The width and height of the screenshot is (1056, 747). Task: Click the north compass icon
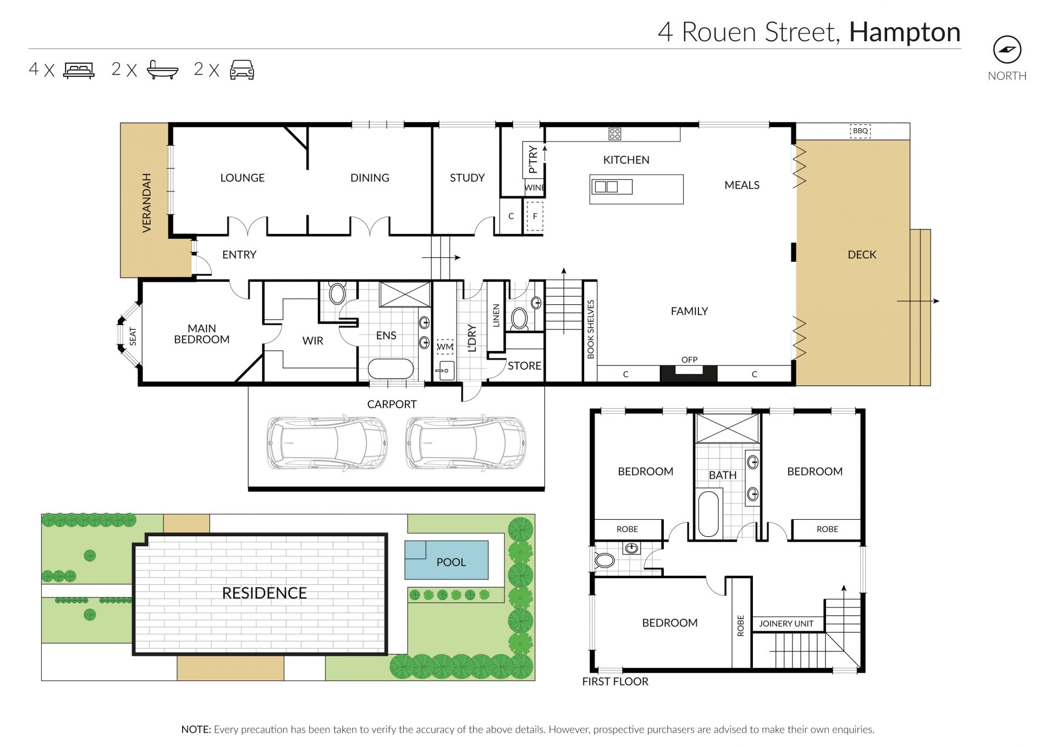[1007, 50]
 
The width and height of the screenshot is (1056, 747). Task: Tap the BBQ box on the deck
[860, 131]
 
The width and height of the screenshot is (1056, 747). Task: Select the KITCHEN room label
[626, 160]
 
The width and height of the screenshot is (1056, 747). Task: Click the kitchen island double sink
[612, 186]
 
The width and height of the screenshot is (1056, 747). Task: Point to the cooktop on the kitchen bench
[614, 134]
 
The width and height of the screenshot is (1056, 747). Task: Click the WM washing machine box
[445, 347]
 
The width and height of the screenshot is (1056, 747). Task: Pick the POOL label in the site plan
[451, 562]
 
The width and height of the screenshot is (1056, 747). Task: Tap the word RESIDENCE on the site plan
[265, 593]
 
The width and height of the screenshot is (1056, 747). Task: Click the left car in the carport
[327, 443]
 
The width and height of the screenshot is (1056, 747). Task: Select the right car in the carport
[466, 443]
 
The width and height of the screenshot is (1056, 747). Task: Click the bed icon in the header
[79, 70]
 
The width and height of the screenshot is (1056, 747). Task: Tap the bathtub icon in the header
[163, 70]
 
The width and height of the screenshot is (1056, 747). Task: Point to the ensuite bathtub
[391, 369]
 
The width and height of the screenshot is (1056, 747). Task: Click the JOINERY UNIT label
[786, 623]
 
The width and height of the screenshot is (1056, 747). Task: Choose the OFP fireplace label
[689, 360]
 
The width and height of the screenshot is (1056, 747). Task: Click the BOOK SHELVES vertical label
[591, 329]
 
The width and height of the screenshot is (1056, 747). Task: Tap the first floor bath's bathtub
[708, 514]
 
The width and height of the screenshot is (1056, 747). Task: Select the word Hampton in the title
[905, 32]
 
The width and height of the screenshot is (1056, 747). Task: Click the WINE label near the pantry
[534, 188]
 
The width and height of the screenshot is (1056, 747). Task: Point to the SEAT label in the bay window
[133, 336]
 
